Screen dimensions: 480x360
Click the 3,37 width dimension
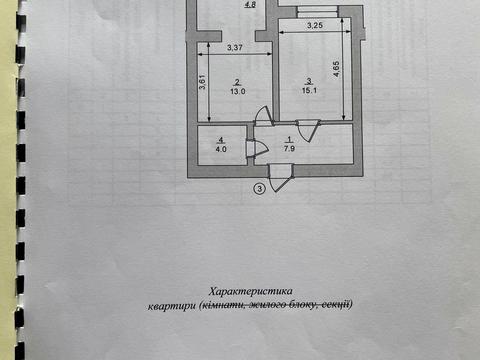234,48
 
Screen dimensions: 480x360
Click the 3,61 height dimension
202,84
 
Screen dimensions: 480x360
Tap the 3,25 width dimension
314,25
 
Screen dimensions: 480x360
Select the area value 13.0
236,92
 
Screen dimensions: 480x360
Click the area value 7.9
290,148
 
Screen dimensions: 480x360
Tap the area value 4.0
220,149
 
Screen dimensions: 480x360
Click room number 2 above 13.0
236,82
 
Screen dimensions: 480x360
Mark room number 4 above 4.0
220,139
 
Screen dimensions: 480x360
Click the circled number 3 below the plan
259,187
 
